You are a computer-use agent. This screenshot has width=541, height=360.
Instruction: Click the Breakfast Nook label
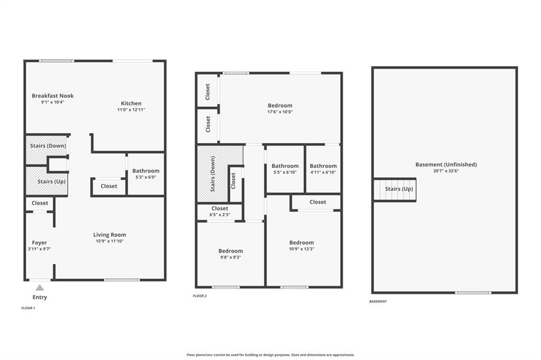coord(53,96)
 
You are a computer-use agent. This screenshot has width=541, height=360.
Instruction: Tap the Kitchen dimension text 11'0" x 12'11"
coord(131,110)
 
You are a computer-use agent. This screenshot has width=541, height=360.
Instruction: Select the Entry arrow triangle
coord(40,288)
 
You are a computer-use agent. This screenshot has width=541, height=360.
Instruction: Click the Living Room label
coord(110,235)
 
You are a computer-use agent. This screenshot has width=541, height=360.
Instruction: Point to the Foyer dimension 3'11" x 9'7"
coord(39,249)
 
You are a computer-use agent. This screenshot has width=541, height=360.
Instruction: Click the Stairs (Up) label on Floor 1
coord(51,182)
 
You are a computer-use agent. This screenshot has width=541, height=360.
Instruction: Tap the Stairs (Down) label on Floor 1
coord(48,146)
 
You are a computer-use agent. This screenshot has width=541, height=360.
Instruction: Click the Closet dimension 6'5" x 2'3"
coord(220,214)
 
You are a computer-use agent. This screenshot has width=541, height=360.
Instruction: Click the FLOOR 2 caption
coord(200,296)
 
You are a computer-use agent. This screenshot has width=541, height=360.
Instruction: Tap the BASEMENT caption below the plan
coord(378,301)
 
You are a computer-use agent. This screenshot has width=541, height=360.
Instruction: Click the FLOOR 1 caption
coord(29,308)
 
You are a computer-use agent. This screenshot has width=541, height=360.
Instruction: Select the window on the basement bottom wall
coord(473,293)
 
